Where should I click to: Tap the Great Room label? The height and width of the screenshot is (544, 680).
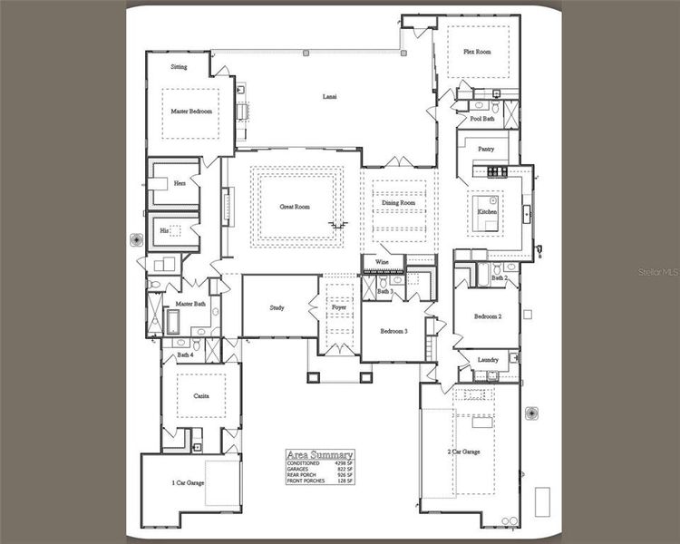coord(295,207)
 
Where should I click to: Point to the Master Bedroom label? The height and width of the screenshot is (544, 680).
coord(191,112)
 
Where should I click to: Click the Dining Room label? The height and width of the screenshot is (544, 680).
coord(398,203)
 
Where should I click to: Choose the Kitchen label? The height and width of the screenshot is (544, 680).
coord(488,211)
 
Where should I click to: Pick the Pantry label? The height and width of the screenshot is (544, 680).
coord(486,149)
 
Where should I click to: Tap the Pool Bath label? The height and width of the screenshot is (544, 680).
coord(481,119)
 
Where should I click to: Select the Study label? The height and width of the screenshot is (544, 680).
coord(277,308)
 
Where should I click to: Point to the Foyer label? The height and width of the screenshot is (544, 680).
coord(338,308)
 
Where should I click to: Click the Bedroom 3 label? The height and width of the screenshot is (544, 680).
coord(393,332)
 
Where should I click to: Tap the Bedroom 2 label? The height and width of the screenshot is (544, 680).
coord(488,316)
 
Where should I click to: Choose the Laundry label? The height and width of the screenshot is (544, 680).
coord(487,360)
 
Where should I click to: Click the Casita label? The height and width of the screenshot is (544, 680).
coord(201,396)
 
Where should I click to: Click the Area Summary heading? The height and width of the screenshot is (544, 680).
coord(319,454)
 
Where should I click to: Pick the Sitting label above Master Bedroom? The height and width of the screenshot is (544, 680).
coord(180,67)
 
